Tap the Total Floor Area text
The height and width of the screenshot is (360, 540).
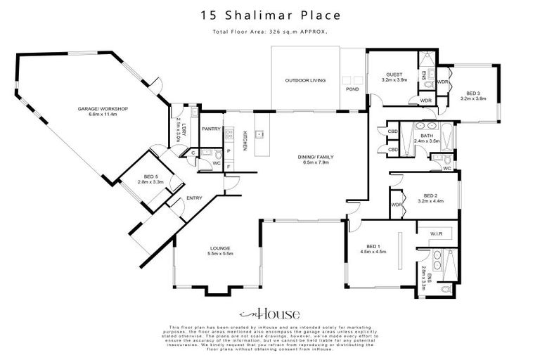[270, 32]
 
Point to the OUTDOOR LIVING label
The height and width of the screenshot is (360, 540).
[305, 81]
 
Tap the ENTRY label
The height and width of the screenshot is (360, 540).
[194, 198]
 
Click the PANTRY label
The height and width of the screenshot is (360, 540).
[211, 129]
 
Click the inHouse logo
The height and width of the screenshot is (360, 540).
[269, 314]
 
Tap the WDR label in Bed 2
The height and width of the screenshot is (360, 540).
[396, 205]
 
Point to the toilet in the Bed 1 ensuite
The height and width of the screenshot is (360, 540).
[443, 289]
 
